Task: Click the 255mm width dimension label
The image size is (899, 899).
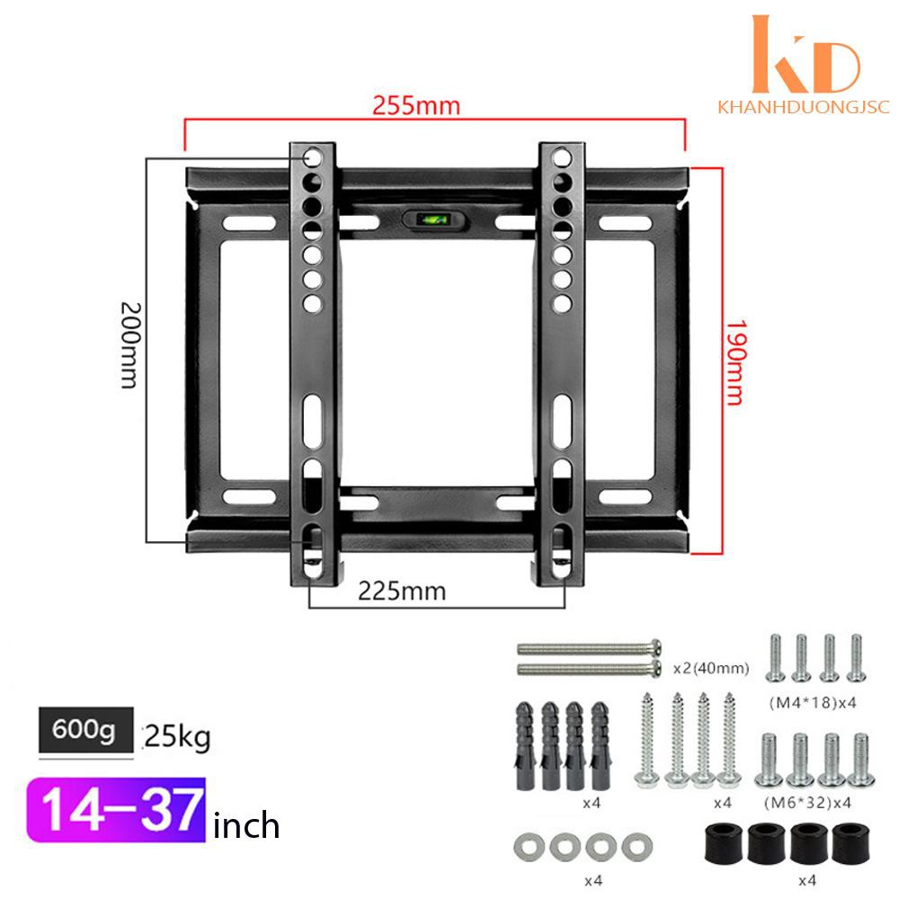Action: (416, 105)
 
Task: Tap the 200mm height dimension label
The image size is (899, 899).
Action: (130, 346)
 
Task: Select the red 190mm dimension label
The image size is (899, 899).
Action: (735, 362)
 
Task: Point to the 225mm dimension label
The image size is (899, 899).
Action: (402, 592)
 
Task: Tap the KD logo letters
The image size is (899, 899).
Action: (806, 54)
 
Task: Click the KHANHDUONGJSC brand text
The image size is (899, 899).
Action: (803, 107)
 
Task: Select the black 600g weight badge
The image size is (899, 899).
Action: (86, 729)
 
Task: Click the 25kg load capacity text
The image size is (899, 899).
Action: (177, 737)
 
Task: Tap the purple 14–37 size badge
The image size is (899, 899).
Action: (116, 810)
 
